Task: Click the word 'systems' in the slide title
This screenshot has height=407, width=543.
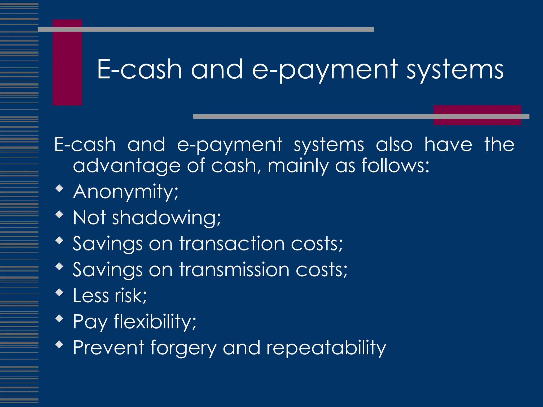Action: [455, 69]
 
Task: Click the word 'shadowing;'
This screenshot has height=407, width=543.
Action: [166, 218]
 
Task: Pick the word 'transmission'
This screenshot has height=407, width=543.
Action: [234, 269]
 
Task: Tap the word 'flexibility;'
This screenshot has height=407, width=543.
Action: [155, 321]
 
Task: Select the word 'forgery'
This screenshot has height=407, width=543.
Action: [183, 348]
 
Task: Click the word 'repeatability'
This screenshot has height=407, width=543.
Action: [326, 348]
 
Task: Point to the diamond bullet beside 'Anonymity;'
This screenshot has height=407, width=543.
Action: [59, 188]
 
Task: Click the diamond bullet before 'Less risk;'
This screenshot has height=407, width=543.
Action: [59, 292]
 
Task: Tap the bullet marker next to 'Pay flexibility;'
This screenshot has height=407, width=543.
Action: [59, 318]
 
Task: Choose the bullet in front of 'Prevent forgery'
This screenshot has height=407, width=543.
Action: [59, 344]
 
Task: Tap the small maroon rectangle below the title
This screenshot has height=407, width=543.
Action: [477, 115]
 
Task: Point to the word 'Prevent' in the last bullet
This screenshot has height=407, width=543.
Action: [109, 348]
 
